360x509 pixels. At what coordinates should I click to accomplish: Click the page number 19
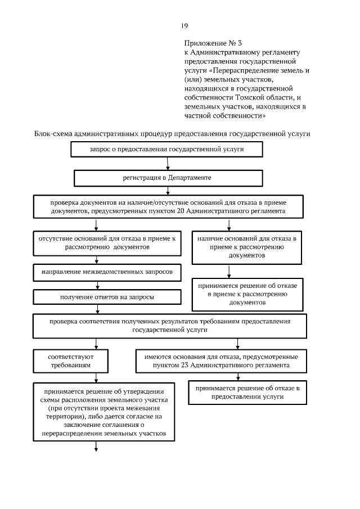[184, 25]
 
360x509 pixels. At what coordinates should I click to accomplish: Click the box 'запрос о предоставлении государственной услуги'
[167, 150]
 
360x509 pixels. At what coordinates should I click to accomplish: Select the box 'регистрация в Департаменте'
[168, 178]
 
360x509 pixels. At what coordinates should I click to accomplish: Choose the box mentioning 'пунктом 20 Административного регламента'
[169, 206]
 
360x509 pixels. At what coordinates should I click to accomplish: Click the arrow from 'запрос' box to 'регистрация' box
[168, 164]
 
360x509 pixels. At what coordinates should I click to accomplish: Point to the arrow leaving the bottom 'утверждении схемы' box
[96, 445]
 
